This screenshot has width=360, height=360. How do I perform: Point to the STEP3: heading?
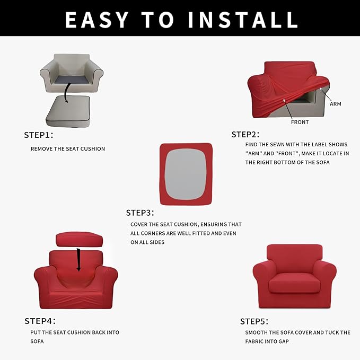140,213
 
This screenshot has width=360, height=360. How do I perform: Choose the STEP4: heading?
40,321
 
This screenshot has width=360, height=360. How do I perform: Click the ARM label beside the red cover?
335,104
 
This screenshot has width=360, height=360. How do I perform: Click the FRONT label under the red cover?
300,122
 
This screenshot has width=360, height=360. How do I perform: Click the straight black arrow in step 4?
78,259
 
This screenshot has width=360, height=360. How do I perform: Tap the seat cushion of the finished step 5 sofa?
294,285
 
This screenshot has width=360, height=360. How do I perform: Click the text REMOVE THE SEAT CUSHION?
68,149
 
